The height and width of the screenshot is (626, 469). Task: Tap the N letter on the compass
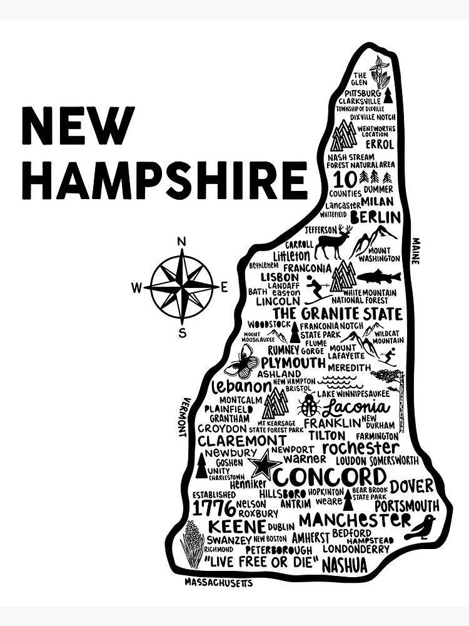pos(182,242)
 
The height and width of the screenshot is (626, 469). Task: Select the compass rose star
pos(182,287)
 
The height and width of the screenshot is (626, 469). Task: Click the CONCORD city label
pos(330,476)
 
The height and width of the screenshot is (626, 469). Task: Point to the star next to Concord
pos(264,466)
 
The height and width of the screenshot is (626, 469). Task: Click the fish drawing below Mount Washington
pos(378,276)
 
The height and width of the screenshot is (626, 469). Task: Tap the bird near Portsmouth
pos(420,528)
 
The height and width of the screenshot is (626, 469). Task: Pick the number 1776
pos(214,508)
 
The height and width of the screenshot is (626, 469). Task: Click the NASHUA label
pos(345,565)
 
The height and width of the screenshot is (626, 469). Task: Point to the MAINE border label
pos(416,250)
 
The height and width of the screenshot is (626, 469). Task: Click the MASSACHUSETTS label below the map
pos(218,583)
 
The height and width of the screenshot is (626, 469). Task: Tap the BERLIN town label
pos(375,217)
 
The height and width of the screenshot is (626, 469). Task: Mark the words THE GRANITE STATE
pos(337,312)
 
